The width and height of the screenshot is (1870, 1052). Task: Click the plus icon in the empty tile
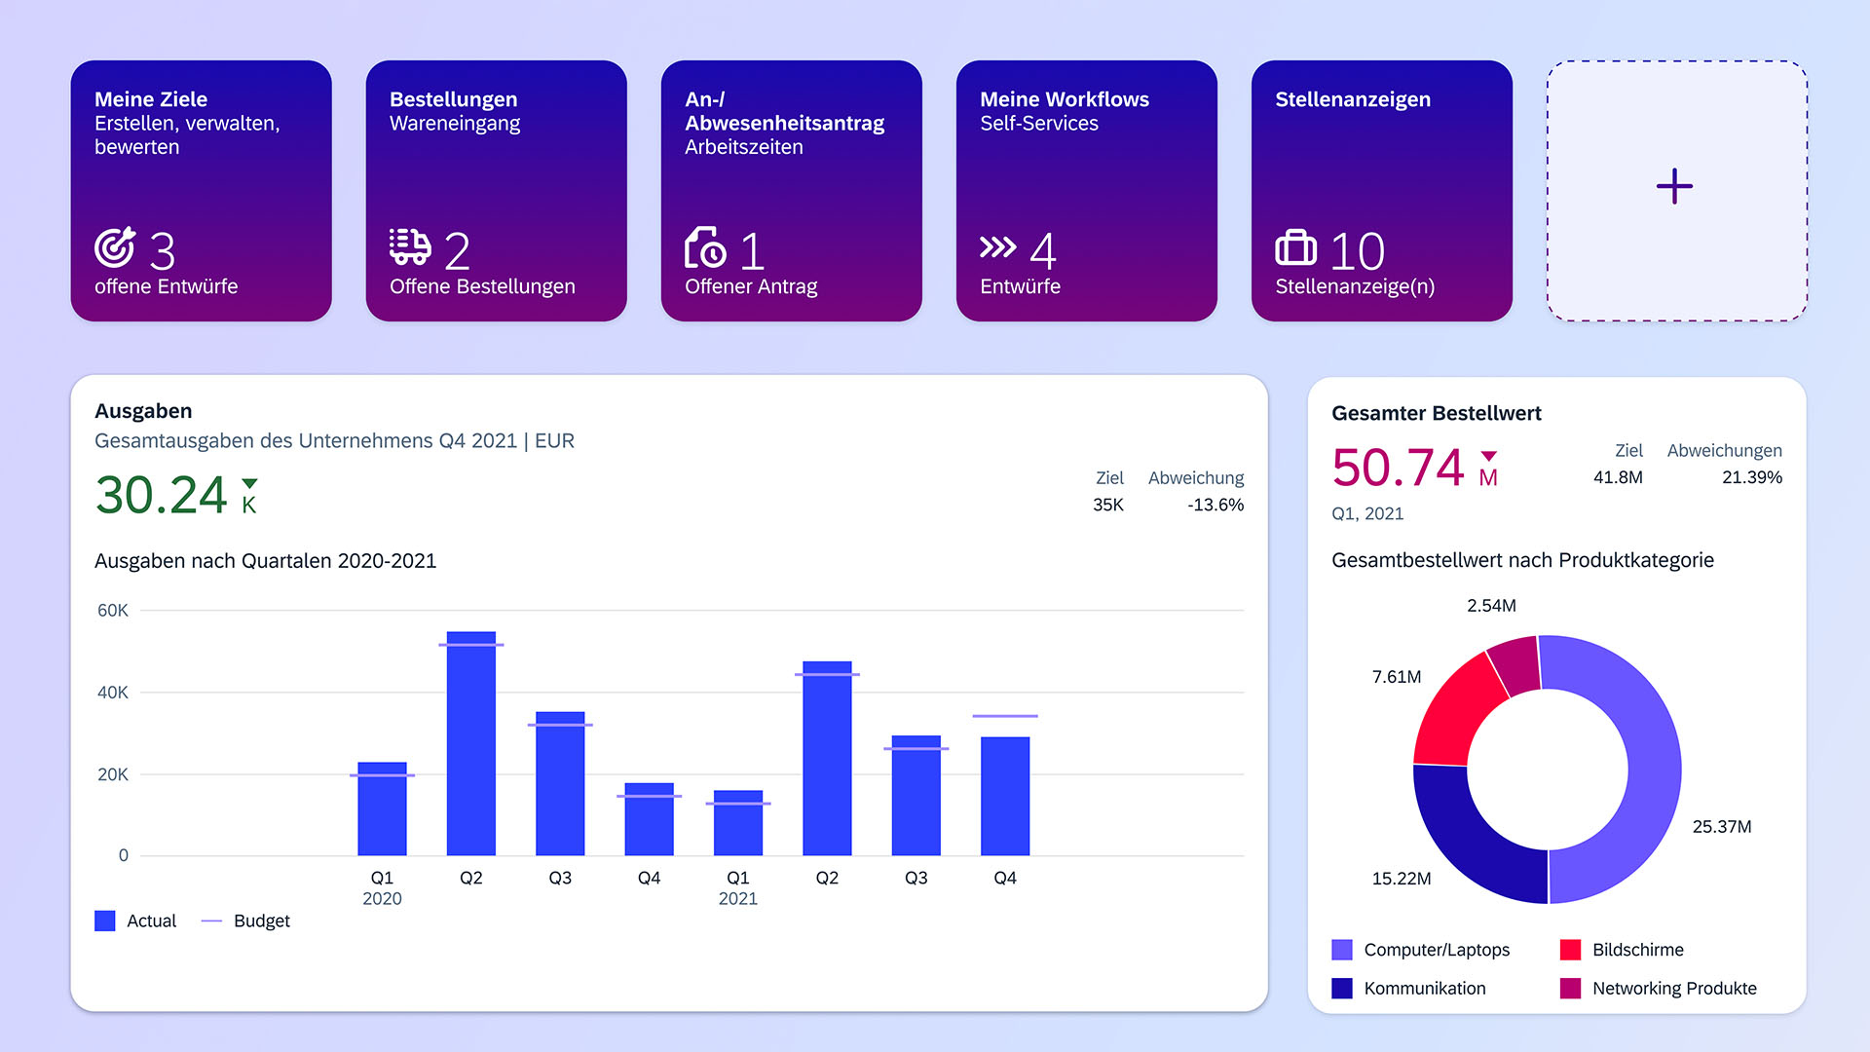point(1674,186)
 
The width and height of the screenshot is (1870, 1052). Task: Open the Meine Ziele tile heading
point(151,99)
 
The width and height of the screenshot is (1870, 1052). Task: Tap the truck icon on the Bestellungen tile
point(410,247)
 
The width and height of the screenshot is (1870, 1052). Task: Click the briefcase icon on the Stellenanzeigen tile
point(1295,247)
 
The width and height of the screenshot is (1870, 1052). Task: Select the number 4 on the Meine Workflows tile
point(1042,251)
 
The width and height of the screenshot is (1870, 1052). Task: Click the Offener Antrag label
point(750,286)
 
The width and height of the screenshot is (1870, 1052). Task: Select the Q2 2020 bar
point(470,745)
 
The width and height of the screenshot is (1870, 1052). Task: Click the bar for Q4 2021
point(1004,797)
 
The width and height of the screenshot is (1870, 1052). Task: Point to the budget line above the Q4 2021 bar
point(1004,716)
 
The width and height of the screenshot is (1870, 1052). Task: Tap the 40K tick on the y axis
point(113,693)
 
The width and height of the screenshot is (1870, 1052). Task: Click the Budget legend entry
point(261,920)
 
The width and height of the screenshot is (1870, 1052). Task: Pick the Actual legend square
point(105,920)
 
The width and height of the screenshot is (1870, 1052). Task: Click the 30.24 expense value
point(162,495)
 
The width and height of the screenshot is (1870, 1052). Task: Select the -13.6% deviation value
point(1215,505)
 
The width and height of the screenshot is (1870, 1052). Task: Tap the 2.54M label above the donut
point(1491,606)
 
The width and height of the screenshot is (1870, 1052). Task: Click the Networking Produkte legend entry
point(1673,988)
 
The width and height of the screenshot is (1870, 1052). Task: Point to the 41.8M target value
point(1617,477)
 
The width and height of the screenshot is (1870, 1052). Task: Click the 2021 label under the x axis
point(737,898)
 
